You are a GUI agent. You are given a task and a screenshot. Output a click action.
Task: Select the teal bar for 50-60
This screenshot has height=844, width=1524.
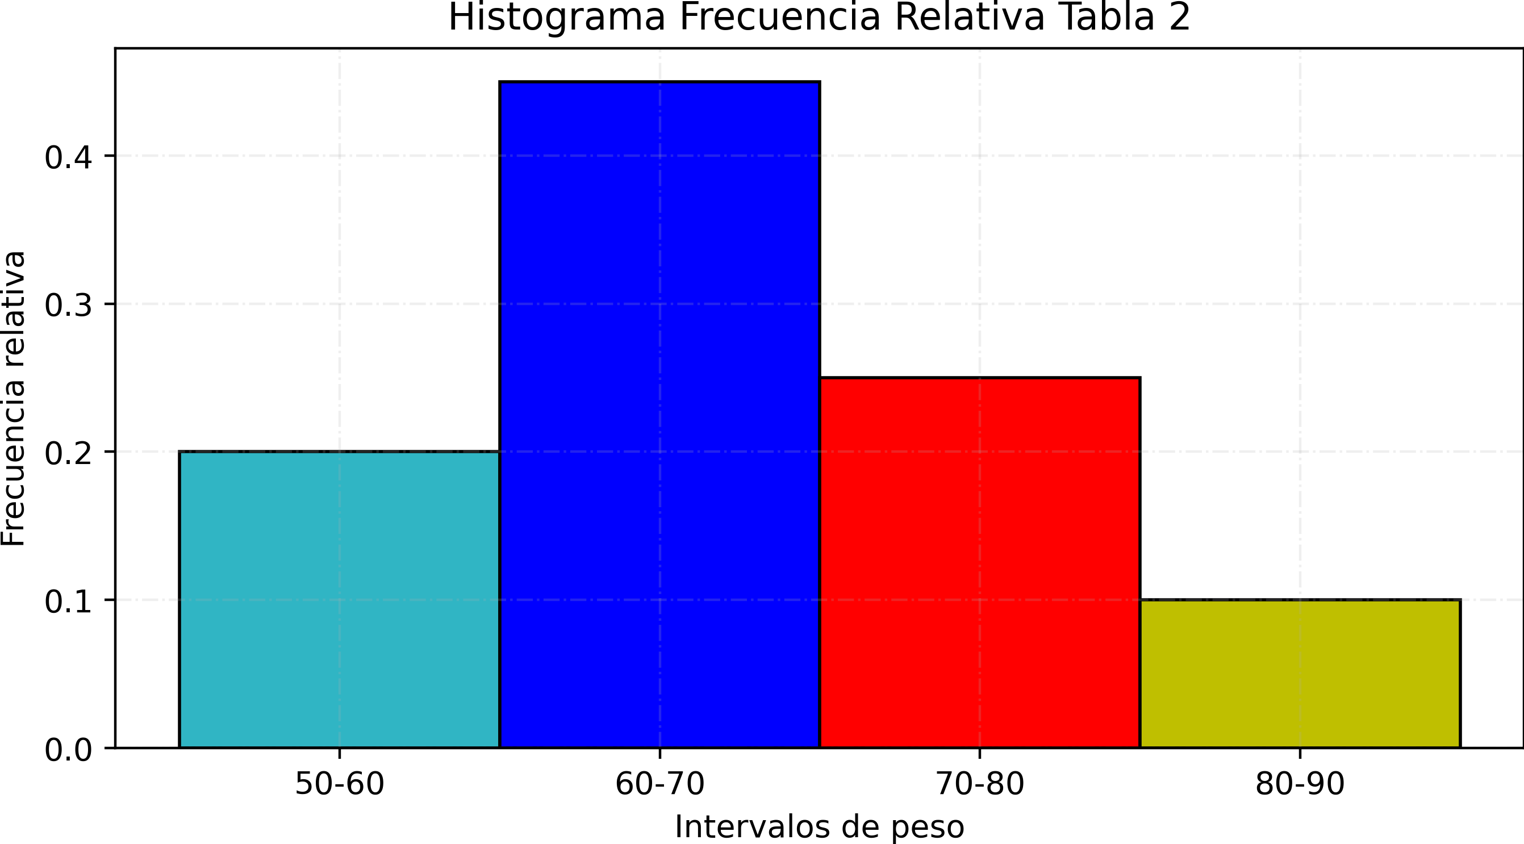tap(339, 599)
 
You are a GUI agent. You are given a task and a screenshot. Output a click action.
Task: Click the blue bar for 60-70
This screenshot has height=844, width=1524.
tap(659, 414)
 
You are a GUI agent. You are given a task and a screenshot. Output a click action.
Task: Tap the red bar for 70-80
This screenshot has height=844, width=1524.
tap(980, 562)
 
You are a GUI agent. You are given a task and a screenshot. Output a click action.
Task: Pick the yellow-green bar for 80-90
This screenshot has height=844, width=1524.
tap(1300, 673)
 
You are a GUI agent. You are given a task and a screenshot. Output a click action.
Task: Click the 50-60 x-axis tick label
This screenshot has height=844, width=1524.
tap(340, 784)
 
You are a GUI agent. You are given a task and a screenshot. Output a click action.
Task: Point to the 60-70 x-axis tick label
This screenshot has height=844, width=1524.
tap(659, 784)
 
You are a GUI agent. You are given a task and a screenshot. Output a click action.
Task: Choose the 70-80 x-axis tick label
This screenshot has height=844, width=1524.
tap(980, 784)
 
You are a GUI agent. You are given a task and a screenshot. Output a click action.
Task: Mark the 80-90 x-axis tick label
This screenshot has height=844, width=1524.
tap(1300, 784)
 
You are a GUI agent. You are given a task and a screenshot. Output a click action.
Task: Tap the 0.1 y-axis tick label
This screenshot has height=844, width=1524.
tap(69, 602)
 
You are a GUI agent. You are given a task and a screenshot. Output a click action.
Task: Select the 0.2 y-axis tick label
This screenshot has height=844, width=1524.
tap(69, 454)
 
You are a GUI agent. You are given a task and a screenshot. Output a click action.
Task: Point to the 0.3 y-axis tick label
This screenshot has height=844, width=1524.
tap(69, 306)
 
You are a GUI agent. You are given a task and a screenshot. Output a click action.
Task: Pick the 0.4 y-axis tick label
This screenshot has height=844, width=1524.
tap(69, 158)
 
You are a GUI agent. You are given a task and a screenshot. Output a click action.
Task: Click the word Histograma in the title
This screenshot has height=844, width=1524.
tap(557, 18)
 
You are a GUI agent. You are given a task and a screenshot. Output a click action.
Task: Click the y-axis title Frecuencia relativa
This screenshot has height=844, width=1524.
tap(13, 399)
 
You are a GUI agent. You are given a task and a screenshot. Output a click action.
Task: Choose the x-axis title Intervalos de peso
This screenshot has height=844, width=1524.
tap(820, 827)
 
